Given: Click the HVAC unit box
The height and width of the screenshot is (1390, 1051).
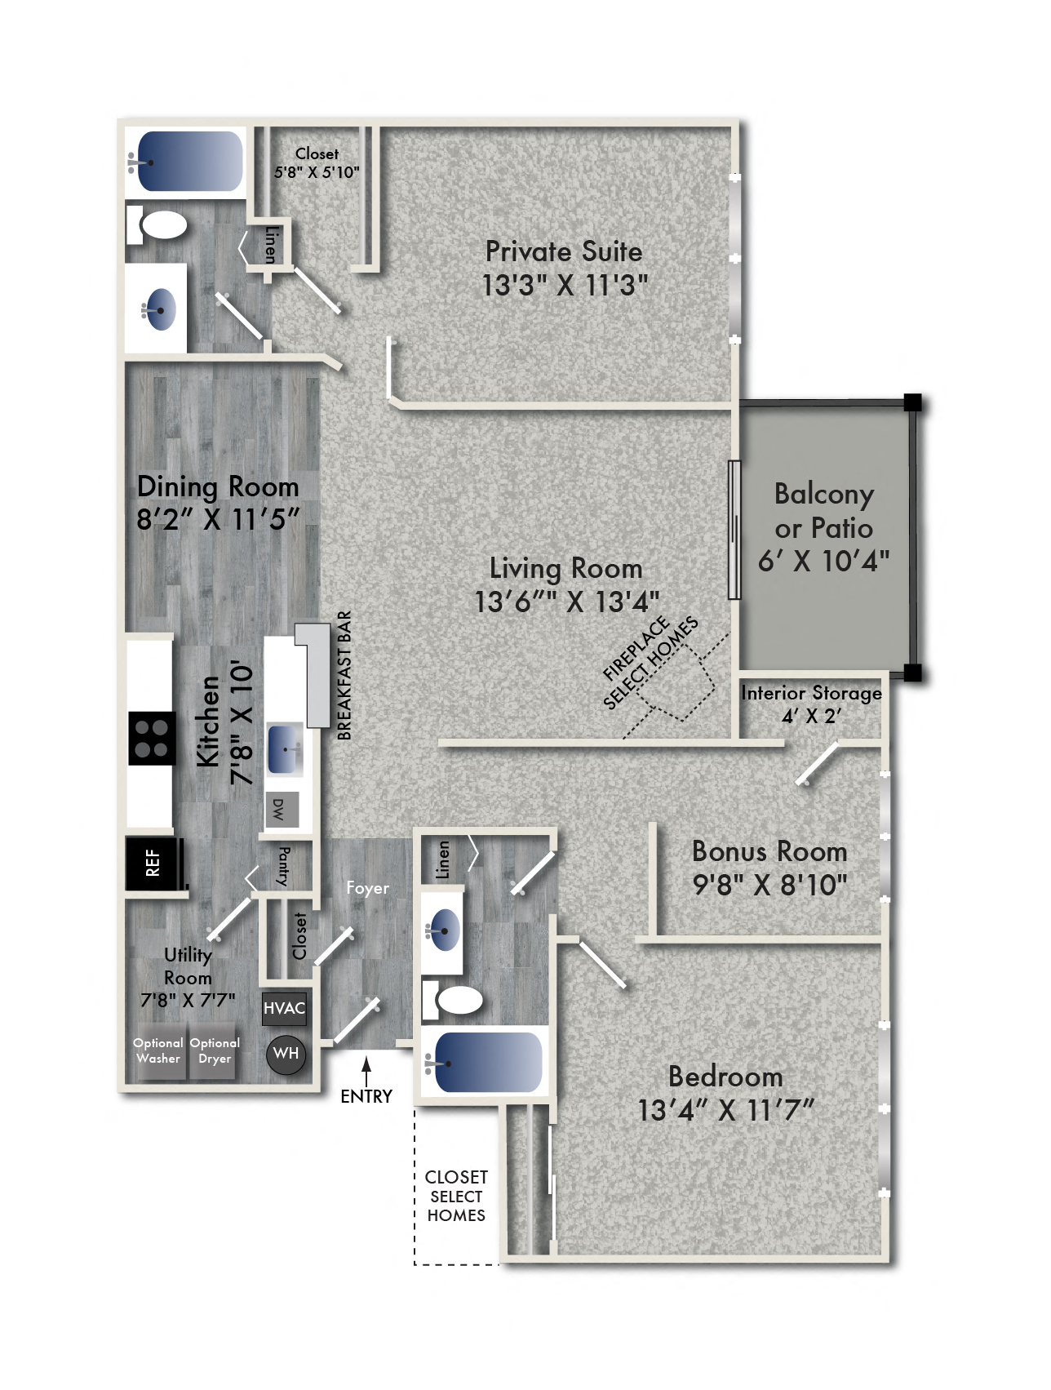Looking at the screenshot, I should coord(284,1008).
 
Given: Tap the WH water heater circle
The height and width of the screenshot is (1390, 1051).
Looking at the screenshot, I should coord(286,1054).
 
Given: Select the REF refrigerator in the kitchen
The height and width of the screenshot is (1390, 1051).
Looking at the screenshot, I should coord(153,863).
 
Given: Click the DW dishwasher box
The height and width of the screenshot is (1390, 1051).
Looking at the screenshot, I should coord(282,809).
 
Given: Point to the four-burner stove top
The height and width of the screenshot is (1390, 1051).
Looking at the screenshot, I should coord(151,739).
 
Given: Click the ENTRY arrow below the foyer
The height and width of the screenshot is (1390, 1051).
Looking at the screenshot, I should coord(366,1070).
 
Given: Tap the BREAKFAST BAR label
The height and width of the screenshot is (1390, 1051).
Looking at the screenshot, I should coord(344,676).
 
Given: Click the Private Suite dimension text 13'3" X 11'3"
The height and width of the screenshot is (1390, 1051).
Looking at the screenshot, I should coord(565,286).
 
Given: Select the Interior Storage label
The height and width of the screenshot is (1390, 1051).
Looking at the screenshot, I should coord(811,693).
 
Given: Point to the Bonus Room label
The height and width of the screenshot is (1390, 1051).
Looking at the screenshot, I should coord(769,852).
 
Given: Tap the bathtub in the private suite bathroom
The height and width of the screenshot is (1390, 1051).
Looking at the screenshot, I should coord(190,162).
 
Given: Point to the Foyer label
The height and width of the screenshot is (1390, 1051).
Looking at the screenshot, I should coord(367,888).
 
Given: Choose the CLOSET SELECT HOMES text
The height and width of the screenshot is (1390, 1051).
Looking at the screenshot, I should coord(456,1196).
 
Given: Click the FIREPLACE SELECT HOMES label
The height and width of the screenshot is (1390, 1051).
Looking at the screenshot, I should coord(650,662).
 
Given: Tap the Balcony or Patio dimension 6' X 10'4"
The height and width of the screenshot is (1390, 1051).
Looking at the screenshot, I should coord(823,562).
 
